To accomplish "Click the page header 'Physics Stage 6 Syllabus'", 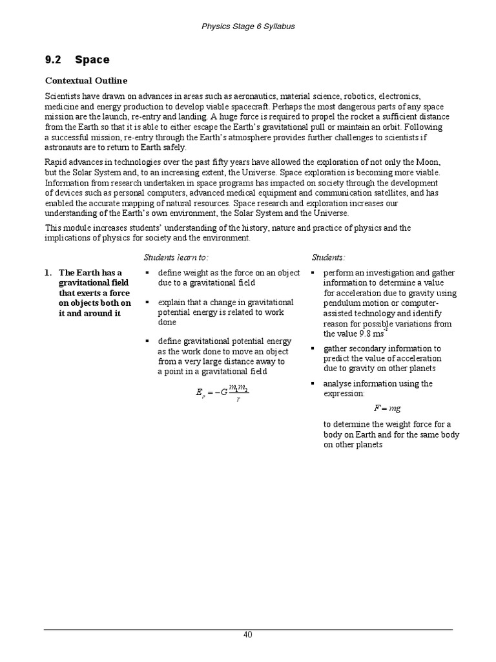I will [x=248, y=27].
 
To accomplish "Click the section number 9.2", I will [x=53, y=60].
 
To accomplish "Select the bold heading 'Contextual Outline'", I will [x=86, y=81].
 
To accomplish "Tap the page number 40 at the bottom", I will [x=248, y=635].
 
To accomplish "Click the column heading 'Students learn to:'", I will [x=176, y=258].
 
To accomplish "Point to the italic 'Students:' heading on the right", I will [x=328, y=258].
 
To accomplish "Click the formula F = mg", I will [x=387, y=409].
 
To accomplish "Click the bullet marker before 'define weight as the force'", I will [x=148, y=273].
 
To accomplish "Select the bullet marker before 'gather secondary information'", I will [x=313, y=348].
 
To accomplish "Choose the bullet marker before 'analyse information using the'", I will [x=313, y=384].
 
